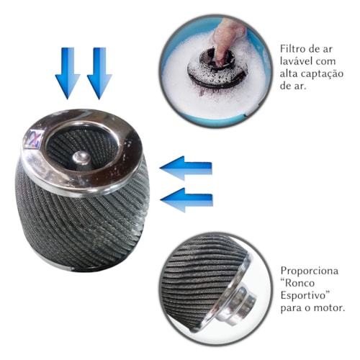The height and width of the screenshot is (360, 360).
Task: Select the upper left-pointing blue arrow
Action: click(x=186, y=168)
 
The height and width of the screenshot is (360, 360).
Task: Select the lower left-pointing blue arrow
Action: click(x=186, y=200)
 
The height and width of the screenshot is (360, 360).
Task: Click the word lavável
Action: click(x=296, y=61)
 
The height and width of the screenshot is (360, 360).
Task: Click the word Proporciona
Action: click(x=310, y=271)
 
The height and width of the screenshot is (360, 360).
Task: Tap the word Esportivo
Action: click(x=303, y=296)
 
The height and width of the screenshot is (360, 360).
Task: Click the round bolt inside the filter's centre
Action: click(x=81, y=158)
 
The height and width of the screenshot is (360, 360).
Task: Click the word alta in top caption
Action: click(x=289, y=73)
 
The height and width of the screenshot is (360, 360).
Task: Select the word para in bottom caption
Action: click(x=291, y=309)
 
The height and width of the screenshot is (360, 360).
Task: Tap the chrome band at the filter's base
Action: click(x=60, y=266)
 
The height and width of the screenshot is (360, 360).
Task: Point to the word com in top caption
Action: click(x=325, y=62)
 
